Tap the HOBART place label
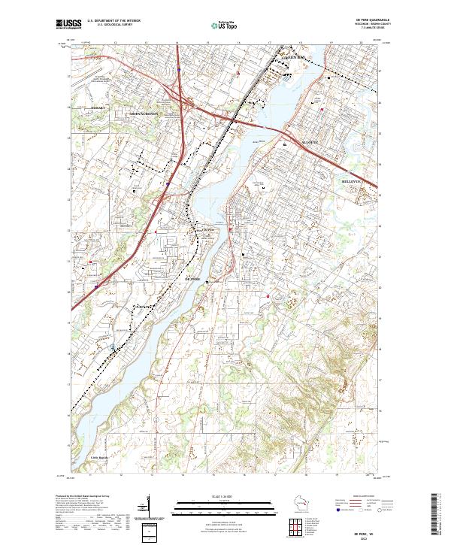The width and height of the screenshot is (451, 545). pos(101,107)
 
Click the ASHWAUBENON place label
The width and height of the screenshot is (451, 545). pos(144,114)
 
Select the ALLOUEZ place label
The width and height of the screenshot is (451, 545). pos(290,141)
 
